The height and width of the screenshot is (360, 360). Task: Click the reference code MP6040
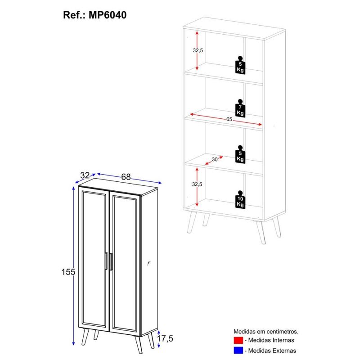point(108,15)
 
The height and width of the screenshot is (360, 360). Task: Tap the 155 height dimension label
point(68,272)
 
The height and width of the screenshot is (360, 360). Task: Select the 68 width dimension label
point(126,177)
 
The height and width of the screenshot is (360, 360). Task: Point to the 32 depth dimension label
point(85,175)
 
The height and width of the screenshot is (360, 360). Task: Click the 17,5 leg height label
point(165,338)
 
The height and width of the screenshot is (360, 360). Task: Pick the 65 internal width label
point(229,119)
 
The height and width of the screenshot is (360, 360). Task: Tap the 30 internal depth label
point(215,159)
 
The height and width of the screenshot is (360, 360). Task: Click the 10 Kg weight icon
point(240,200)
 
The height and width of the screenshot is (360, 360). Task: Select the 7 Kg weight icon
point(240,108)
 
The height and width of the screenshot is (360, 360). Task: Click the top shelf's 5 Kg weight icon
point(240,65)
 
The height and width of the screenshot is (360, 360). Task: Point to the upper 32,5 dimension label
point(198,50)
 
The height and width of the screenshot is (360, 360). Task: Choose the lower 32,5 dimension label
point(197,184)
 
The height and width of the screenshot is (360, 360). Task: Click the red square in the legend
point(238,340)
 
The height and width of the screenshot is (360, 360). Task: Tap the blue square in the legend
point(238,351)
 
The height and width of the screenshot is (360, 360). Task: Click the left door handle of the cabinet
point(106,261)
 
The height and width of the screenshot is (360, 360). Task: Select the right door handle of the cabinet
point(111,262)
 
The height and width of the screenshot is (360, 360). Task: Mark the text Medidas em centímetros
point(266,332)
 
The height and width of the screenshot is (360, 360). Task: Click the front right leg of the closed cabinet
point(139,345)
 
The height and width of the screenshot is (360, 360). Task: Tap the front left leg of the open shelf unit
point(192,222)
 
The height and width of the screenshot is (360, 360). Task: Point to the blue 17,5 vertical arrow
point(159,339)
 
